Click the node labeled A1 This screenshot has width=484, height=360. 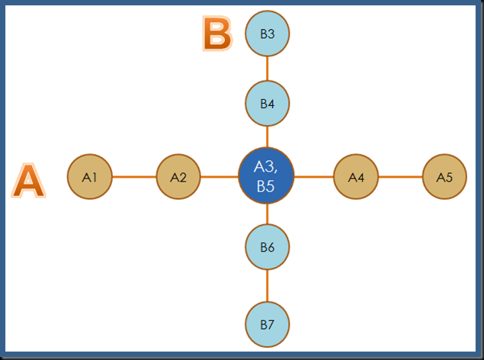[x=90, y=177]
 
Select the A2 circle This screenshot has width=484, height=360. [x=178, y=177]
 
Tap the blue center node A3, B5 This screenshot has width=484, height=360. [x=267, y=176]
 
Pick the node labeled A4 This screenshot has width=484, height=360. [x=356, y=177]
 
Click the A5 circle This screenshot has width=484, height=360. [x=444, y=177]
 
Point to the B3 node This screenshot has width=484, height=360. [x=268, y=34]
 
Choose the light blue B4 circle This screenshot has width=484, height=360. [x=268, y=103]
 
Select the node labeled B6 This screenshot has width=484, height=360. [x=268, y=246]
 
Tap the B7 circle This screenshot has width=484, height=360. [x=268, y=324]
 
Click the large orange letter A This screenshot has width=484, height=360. [x=28, y=182]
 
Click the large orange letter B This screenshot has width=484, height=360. [x=217, y=34]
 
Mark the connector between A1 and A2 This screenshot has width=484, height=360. [x=134, y=177]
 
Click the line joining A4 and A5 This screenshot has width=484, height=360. [x=400, y=177]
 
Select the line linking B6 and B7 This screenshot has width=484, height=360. [x=268, y=285]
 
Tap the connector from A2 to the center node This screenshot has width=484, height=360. [x=220, y=177]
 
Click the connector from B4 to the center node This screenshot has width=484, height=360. [x=268, y=137]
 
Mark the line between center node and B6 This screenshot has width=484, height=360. [x=268, y=214]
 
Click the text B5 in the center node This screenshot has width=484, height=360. [x=266, y=187]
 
